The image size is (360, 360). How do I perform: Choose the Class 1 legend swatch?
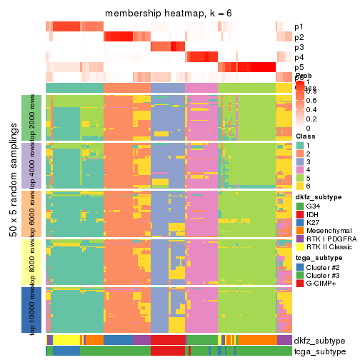click(300, 145)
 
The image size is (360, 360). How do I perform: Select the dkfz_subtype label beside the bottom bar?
click(319, 340)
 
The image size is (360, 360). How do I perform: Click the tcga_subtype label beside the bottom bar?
click(319, 351)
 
